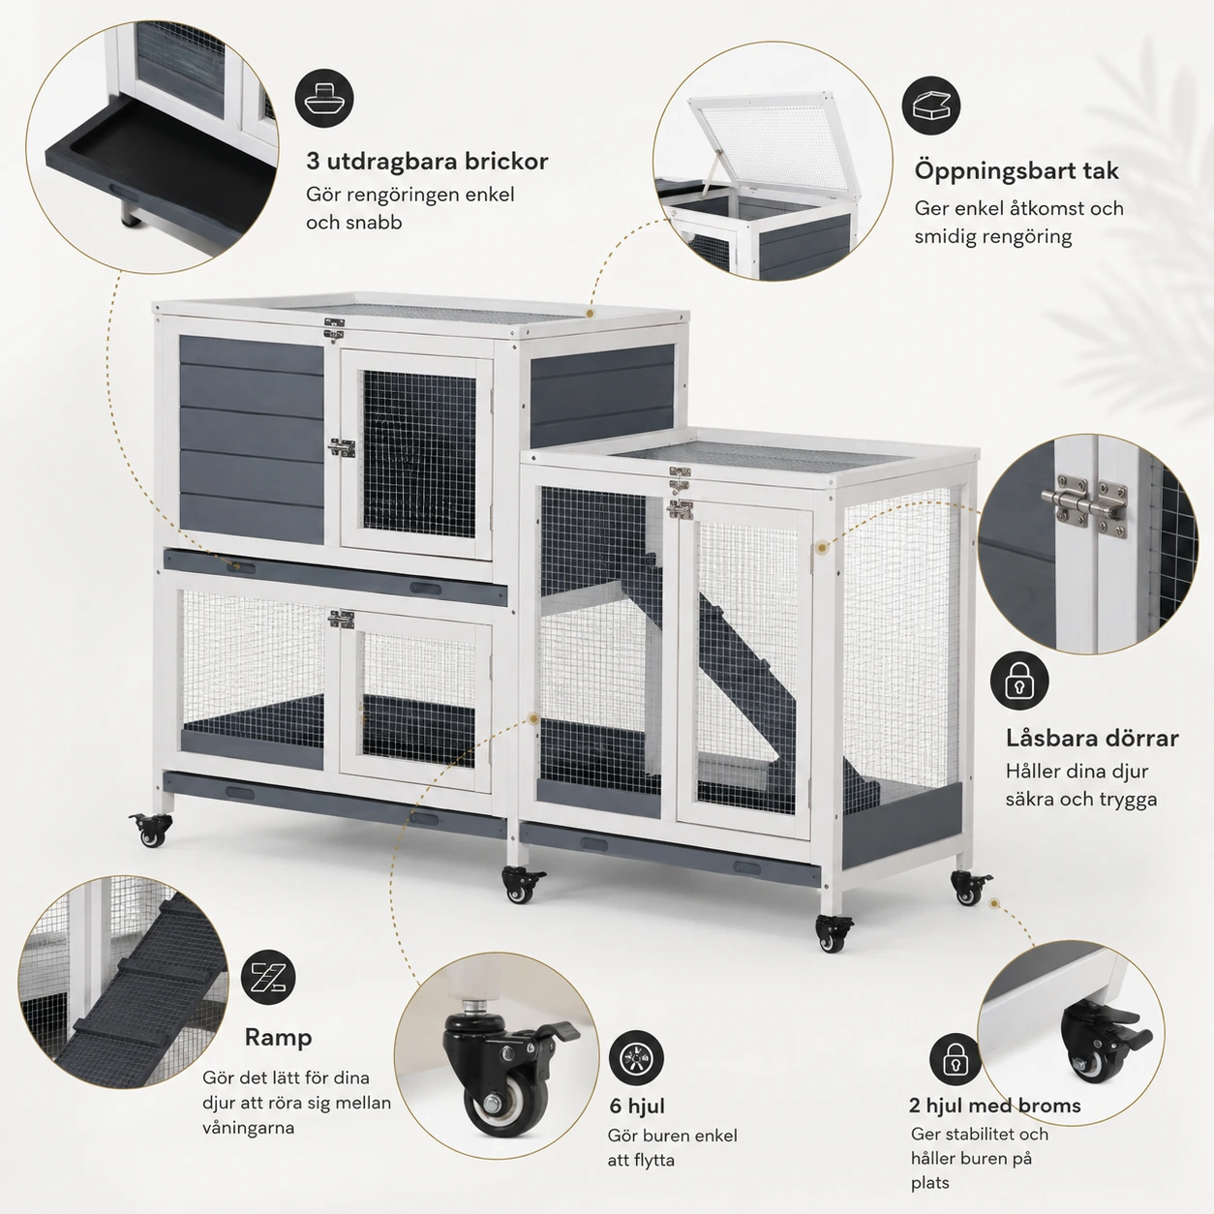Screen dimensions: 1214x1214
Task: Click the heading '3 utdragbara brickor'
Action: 427,162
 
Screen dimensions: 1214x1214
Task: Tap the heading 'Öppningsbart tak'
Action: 1017,171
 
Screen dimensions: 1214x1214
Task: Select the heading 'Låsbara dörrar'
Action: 1092,738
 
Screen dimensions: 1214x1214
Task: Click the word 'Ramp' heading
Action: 278,1038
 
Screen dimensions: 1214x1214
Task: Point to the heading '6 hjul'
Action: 636,1106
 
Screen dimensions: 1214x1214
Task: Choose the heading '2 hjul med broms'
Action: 995,1105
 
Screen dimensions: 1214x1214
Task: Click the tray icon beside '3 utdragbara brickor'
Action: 323,99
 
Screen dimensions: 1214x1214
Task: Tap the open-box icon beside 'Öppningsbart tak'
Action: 931,106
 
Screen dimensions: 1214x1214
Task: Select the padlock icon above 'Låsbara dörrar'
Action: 1019,681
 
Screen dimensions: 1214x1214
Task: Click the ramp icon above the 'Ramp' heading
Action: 268,979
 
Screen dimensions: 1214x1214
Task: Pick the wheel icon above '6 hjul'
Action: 636,1058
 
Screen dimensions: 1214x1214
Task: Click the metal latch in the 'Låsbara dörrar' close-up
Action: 1086,506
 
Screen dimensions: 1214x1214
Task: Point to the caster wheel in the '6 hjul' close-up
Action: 504,1065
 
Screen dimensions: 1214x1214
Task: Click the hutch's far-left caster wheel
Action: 151,829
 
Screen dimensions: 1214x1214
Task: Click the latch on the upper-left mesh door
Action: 341,448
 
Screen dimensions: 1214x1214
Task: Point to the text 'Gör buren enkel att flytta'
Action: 672,1148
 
